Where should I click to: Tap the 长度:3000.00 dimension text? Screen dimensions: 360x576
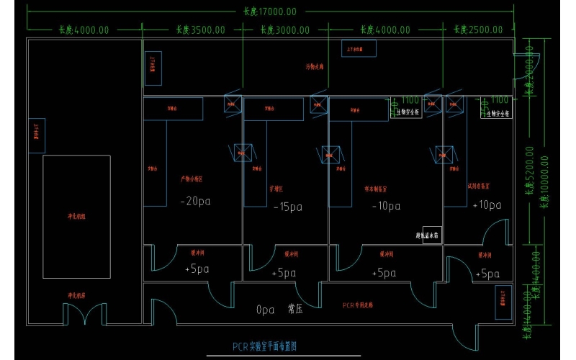[285, 30]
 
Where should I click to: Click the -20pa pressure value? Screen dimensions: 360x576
[197, 202]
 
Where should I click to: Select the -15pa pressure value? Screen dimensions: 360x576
[288, 207]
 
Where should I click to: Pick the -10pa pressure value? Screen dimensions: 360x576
[386, 206]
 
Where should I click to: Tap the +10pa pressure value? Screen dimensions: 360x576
[487, 205]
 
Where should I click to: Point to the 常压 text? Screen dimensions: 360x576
[295, 310]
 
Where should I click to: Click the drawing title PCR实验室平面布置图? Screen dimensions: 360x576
[264, 346]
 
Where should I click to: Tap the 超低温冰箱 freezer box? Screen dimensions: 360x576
[431, 235]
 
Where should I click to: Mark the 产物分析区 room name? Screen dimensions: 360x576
[192, 179]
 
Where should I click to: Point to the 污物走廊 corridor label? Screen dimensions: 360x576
[315, 66]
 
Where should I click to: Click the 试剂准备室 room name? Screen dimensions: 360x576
[479, 185]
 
